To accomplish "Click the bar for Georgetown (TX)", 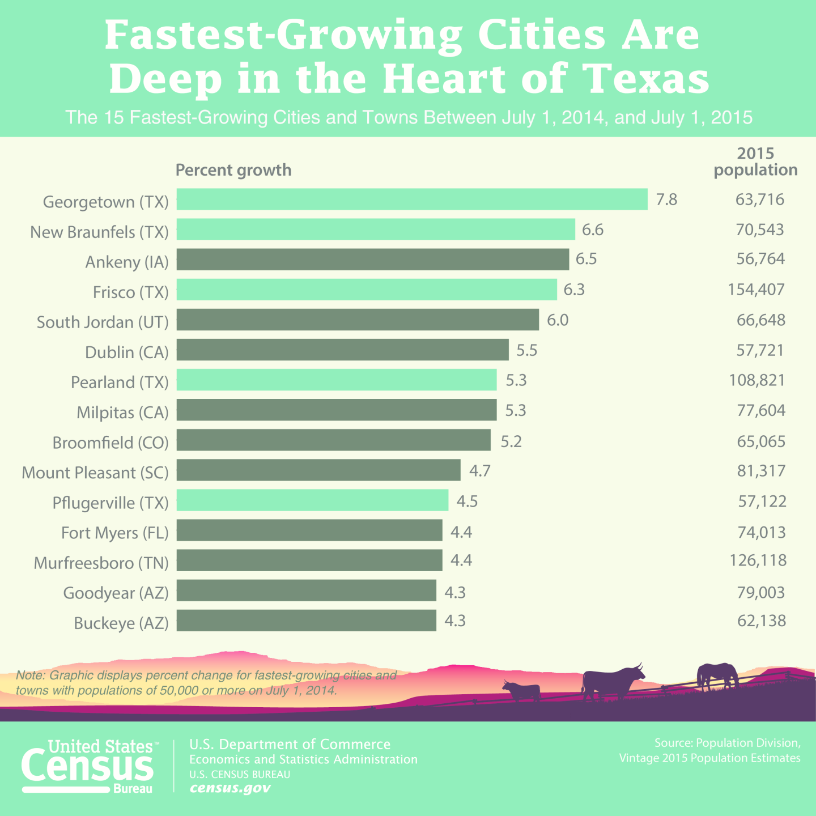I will tap(412, 199).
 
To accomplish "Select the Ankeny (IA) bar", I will tap(372, 260).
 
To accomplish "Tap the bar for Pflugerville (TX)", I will tap(312, 501).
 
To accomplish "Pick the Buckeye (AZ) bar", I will tap(306, 620).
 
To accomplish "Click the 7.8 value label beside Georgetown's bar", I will tap(666, 200).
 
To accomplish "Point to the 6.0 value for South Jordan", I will tap(557, 320).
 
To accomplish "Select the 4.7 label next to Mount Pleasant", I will tap(479, 471).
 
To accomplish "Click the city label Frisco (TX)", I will tap(131, 292).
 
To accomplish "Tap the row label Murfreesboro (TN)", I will tap(101, 563).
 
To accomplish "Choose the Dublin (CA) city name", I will tap(127, 352).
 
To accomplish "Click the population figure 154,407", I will tap(756, 290).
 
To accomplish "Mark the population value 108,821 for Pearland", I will tap(756, 380).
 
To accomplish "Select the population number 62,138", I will tap(762, 621).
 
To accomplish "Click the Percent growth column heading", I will tap(233, 170).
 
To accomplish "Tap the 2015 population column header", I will tap(755, 162).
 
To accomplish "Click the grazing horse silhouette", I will tap(717, 675).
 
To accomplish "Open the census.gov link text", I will tap(230, 788).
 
